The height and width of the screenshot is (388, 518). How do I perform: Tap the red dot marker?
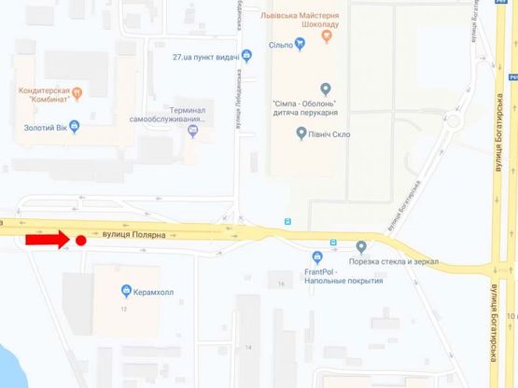[81, 242]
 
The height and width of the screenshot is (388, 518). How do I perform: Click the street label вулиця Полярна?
[136, 235]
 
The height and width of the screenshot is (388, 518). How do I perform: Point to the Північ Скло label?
[328, 133]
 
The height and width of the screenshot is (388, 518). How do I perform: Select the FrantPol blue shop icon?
[318, 256]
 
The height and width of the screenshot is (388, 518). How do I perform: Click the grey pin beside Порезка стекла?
[362, 247]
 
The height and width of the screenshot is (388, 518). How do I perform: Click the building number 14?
[247, 346]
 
